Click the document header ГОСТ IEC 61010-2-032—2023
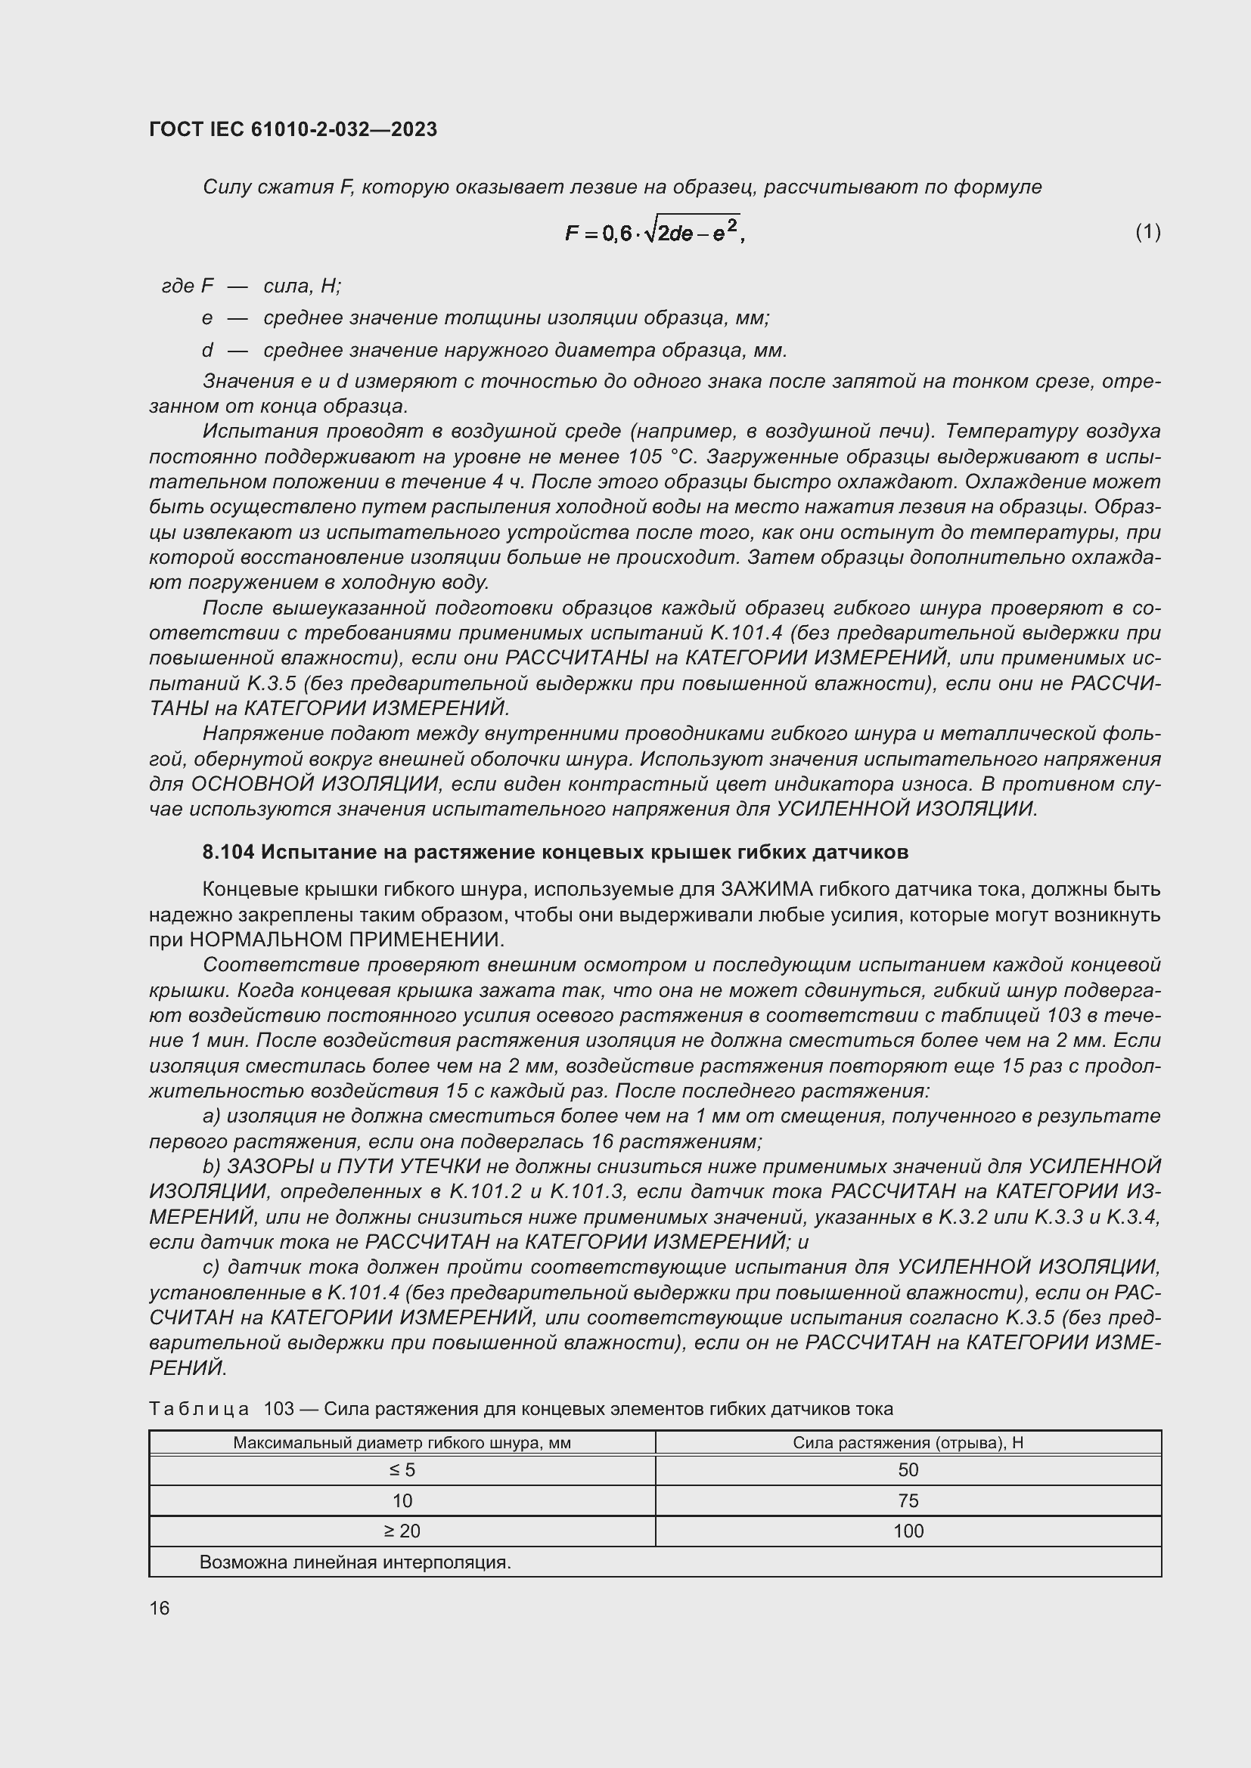293,129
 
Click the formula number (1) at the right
1147,232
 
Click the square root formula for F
654,231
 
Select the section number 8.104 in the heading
228,853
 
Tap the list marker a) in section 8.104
210,1116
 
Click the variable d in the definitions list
206,351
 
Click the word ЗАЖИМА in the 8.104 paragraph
766,890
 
